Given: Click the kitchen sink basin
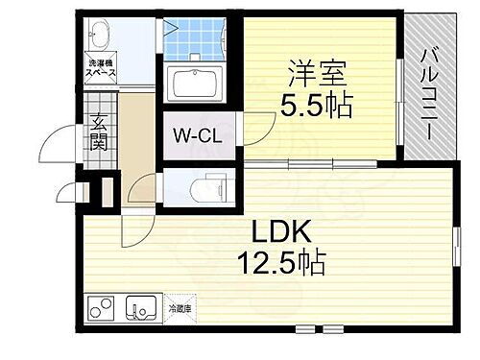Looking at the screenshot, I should pyautogui.click(x=144, y=309).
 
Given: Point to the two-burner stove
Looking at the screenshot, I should pyautogui.click(x=101, y=309).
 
